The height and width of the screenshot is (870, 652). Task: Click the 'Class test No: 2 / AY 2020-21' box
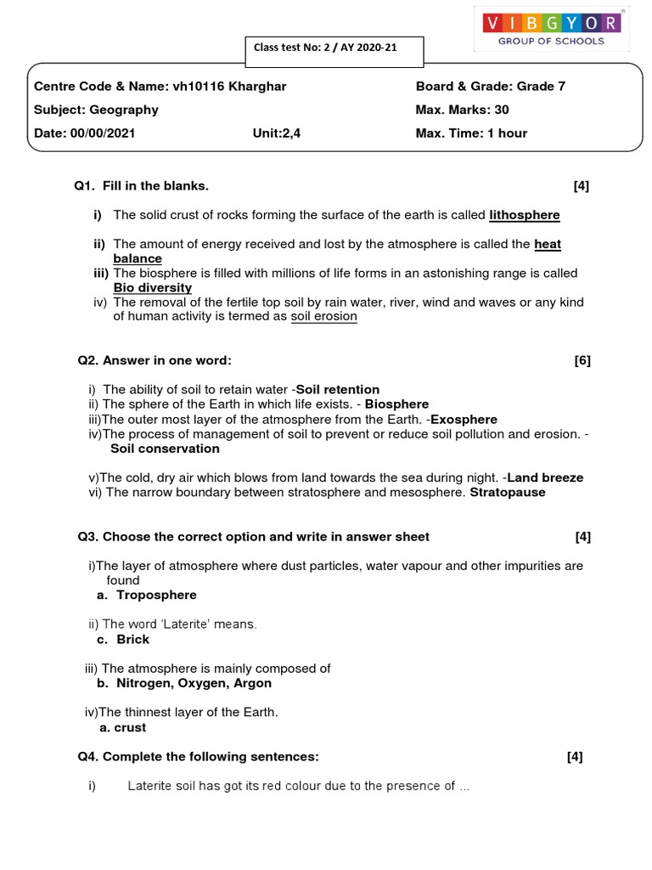[325, 48]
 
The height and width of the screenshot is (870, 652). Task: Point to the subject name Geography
[126, 110]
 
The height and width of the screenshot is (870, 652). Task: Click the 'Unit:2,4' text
[277, 133]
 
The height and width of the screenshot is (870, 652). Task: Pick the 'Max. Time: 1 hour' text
[471, 133]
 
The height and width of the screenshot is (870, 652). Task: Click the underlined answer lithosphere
[525, 215]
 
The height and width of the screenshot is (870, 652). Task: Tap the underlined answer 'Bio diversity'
[153, 288]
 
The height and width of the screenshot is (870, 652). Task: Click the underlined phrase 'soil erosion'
[323, 316]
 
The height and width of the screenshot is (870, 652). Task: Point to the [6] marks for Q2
[582, 360]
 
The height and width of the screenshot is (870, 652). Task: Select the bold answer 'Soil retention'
[337, 389]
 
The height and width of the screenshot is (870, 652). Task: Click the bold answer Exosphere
[464, 419]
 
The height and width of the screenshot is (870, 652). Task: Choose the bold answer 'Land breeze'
[545, 477]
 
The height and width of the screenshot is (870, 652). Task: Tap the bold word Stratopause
[508, 492]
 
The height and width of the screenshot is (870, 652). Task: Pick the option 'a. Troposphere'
[148, 595]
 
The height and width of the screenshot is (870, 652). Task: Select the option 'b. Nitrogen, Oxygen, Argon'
[185, 683]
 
